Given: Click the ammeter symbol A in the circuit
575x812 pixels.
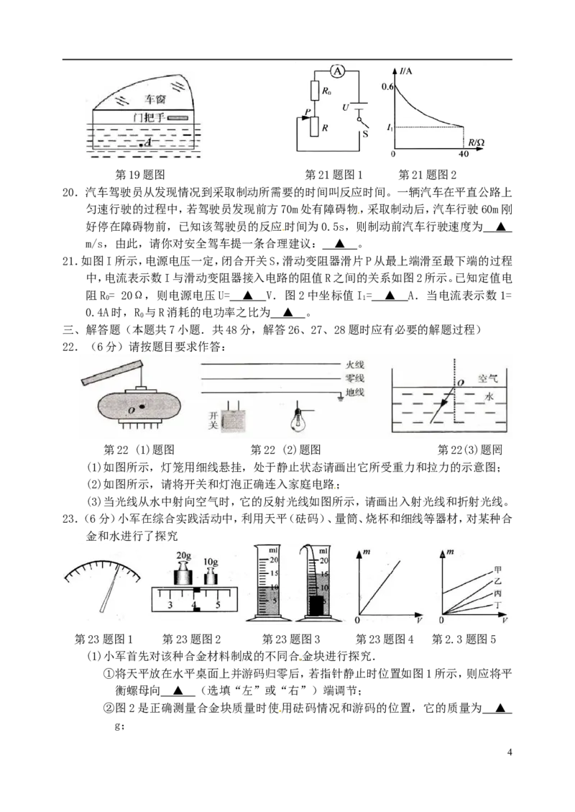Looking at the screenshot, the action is coord(337,71).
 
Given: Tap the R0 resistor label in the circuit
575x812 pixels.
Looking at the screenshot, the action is coord(326,91).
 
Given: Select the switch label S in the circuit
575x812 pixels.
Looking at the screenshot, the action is coord(365,134).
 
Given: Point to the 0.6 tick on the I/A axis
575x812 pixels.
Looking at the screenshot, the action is coord(387,86).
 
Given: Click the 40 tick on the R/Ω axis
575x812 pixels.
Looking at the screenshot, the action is coord(463,154).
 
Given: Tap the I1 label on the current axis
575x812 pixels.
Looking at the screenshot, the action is coord(389,127).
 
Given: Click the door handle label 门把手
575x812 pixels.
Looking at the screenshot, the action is coord(149,117).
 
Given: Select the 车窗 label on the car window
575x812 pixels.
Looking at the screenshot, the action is coord(155,99).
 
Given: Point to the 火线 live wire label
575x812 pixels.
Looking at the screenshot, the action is coord(355,365).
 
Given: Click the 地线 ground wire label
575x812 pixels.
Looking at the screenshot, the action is coord(355,392).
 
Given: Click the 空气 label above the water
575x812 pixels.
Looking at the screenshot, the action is coord(487,378).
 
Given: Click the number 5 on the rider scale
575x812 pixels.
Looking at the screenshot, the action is coord(218,604).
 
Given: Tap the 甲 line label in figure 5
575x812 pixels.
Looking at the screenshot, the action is coord(497,570).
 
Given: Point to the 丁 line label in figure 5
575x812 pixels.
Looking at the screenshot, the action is coord(498,605).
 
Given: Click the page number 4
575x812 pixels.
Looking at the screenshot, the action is coord(510,752).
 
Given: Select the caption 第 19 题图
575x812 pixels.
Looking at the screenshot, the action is coord(139,175).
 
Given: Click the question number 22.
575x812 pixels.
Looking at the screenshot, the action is coord(69,347).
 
